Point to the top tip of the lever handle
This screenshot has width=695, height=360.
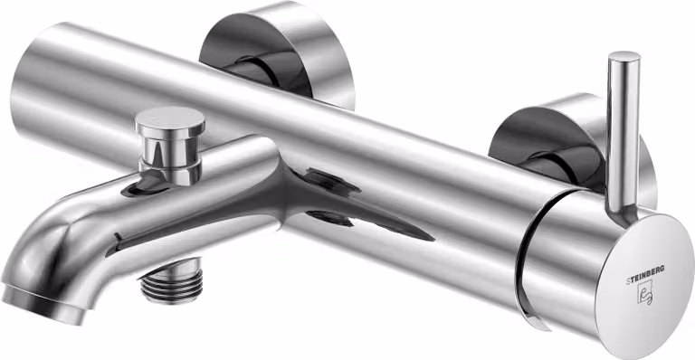(624, 55)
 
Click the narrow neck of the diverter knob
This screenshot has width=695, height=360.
(170, 150)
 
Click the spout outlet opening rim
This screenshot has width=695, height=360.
(43, 306)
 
